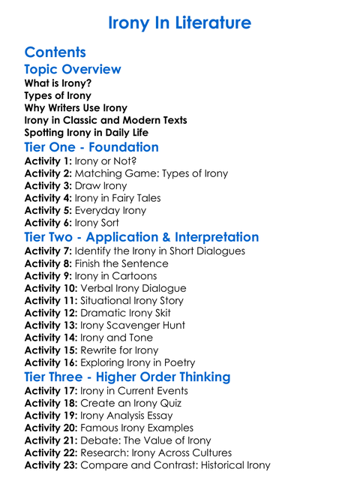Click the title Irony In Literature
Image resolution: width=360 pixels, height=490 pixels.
click(179, 23)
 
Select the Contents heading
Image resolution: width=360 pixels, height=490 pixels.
click(55, 53)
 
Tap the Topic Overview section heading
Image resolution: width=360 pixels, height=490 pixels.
click(73, 70)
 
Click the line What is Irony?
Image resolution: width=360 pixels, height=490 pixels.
click(58, 83)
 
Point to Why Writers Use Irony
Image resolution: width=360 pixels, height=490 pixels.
click(76, 108)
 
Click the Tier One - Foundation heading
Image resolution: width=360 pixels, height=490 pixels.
click(91, 147)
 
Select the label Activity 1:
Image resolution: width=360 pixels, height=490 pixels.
click(48, 161)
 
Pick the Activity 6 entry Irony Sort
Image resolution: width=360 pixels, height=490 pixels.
click(99, 223)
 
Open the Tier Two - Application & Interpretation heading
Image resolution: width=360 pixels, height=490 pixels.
click(142, 237)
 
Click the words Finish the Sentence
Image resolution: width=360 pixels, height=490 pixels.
click(121, 263)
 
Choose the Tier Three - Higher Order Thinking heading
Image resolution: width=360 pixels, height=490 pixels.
click(127, 377)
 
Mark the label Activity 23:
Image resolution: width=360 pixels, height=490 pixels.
click(51, 465)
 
